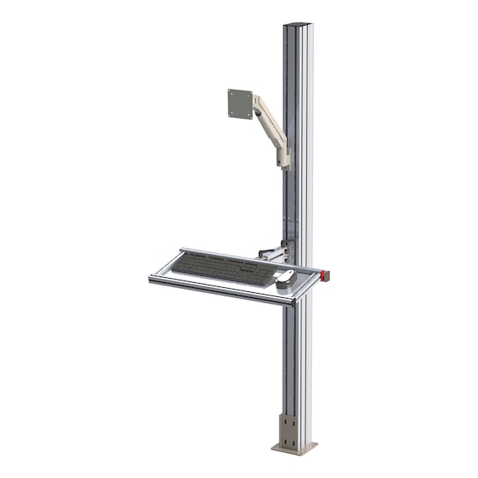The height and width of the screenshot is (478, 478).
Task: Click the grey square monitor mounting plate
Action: (240, 105)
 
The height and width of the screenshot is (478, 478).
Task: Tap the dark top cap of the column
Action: (297, 24)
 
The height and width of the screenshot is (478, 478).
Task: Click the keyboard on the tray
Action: (222, 267)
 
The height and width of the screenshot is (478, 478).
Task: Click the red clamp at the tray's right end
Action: (325, 274)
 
